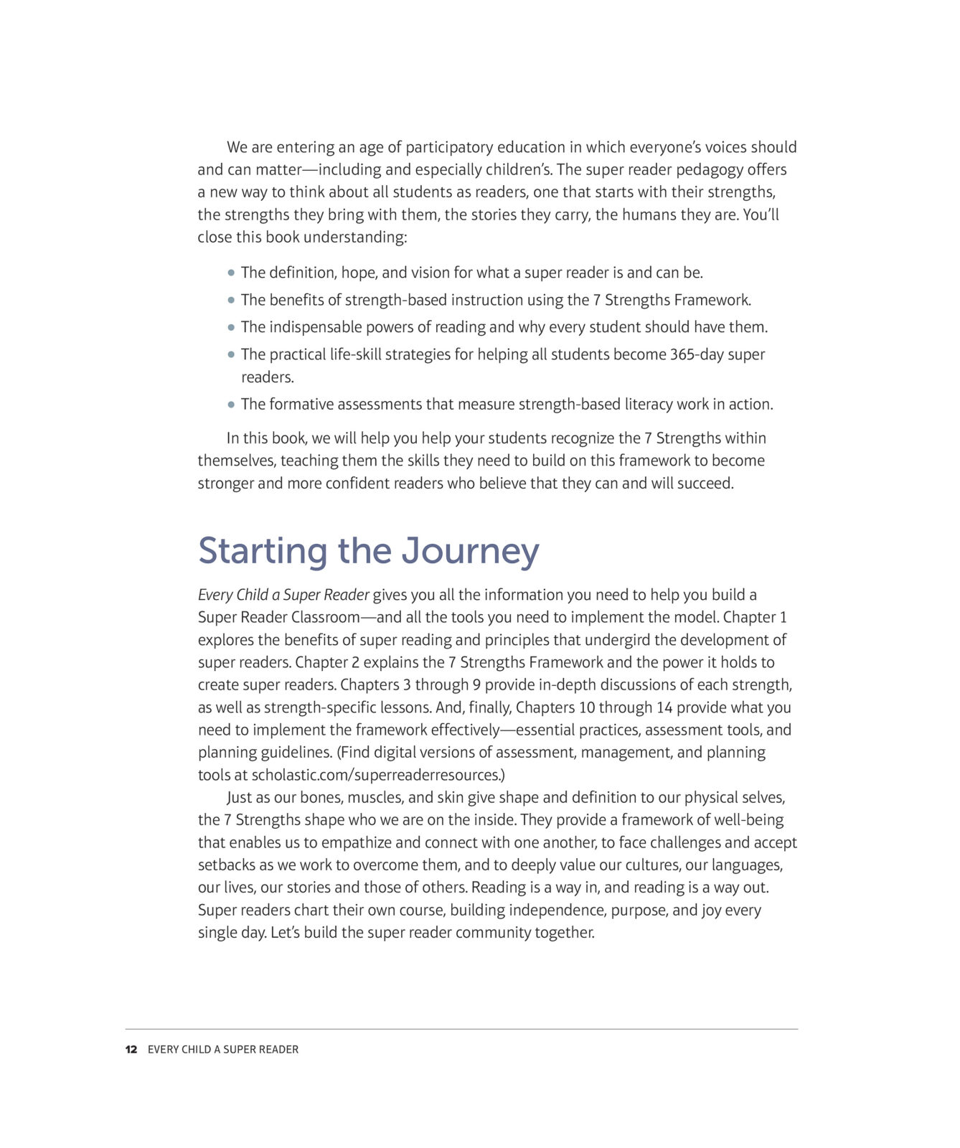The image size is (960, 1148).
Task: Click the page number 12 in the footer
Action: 131,1049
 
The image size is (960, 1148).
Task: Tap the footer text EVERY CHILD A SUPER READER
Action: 222,1049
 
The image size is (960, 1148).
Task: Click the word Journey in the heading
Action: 470,551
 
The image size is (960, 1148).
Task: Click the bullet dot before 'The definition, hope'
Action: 231,273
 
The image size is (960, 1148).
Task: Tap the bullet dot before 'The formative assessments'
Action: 231,405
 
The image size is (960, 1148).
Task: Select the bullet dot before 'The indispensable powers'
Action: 231,327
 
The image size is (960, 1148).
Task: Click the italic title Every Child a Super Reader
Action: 283,595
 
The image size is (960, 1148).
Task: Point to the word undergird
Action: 618,640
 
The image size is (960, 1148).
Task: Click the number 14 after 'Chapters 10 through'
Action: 664,707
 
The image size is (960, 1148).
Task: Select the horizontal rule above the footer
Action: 461,1029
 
